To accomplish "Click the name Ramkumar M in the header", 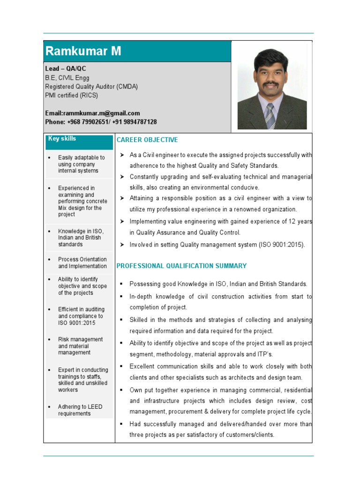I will (x=83, y=51).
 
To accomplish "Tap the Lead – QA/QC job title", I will (x=66, y=68).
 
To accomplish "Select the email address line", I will (x=92, y=113).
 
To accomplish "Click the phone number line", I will (x=101, y=122).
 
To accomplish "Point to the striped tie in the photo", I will (x=270, y=116).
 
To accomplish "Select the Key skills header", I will (x=62, y=139).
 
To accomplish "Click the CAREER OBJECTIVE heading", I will (x=147, y=140).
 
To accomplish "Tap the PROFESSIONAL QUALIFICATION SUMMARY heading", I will (x=181, y=266).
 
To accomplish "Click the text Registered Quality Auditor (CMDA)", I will (x=91, y=87).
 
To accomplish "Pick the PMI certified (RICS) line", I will (x=71, y=95).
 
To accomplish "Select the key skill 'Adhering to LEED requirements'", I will (x=80, y=410).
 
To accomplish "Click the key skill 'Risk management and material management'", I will (x=80, y=346).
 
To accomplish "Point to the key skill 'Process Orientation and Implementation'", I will (x=82, y=262).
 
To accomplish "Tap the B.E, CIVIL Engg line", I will (x=67, y=78).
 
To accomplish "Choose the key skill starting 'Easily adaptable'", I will (x=81, y=164).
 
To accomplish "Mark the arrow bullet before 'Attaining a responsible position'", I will (x=121, y=198).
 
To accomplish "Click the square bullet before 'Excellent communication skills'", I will (x=121, y=366).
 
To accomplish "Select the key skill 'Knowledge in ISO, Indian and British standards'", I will (x=81, y=238).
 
